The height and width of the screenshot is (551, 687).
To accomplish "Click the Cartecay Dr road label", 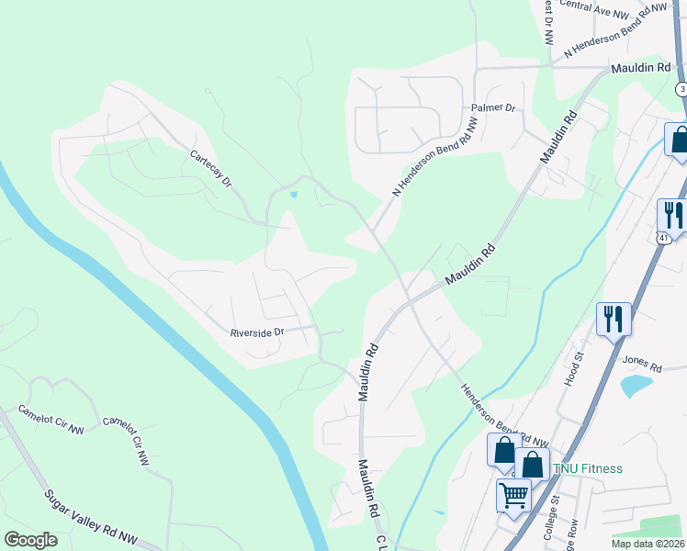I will [211, 169].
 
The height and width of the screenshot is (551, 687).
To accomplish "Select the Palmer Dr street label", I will [494, 107].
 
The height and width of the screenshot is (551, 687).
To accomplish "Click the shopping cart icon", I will [513, 495].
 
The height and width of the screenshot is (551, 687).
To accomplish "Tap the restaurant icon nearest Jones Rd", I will [614, 320].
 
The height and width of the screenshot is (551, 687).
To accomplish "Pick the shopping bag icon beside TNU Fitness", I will [533, 464].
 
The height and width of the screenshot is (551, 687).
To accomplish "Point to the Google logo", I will [30, 539].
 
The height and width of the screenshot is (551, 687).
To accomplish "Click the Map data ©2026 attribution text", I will [648, 544].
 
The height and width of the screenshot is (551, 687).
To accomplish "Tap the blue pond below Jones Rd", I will [635, 386].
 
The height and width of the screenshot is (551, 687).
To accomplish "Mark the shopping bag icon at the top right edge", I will [679, 140].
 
